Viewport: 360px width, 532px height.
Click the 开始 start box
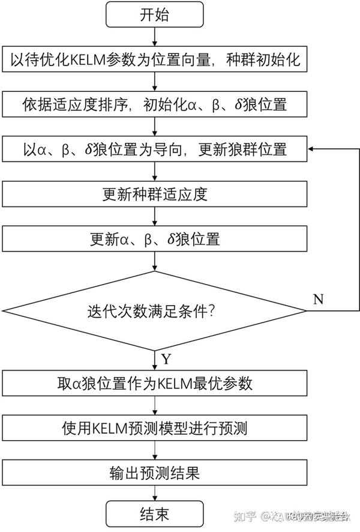pyautogui.click(x=155, y=15)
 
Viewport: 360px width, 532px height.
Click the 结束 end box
pyautogui.click(x=155, y=515)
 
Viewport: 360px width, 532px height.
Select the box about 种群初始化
pyautogui.click(x=155, y=60)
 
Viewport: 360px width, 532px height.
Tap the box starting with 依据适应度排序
pyautogui.click(x=155, y=104)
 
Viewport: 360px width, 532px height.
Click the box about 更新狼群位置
pyautogui.click(x=155, y=149)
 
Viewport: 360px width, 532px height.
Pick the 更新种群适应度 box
pyautogui.click(x=155, y=195)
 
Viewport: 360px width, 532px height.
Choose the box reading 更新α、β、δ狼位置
pyautogui.click(x=155, y=239)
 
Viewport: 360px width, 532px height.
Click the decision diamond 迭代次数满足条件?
pyautogui.click(x=155, y=311)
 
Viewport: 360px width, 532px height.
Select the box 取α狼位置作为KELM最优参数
pyautogui.click(x=155, y=383)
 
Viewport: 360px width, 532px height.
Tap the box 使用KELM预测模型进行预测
pyautogui.click(x=155, y=428)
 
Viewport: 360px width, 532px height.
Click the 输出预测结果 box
pyautogui.click(x=155, y=473)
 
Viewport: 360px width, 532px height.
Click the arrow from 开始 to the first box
pyautogui.click(x=155, y=37)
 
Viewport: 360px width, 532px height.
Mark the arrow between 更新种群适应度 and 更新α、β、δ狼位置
pyautogui.click(x=155, y=217)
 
